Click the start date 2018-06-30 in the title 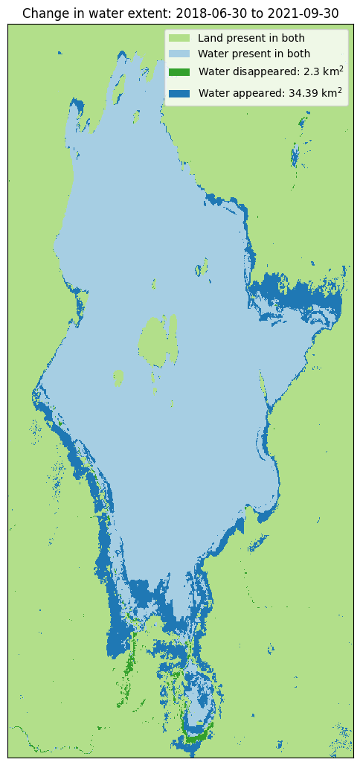[x=206, y=13]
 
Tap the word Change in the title [x=42, y=13]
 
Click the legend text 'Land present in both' [x=251, y=38]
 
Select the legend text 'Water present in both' [x=254, y=54]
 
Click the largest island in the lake [x=153, y=342]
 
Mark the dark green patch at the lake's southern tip [x=196, y=737]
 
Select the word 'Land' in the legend [x=210, y=38]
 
